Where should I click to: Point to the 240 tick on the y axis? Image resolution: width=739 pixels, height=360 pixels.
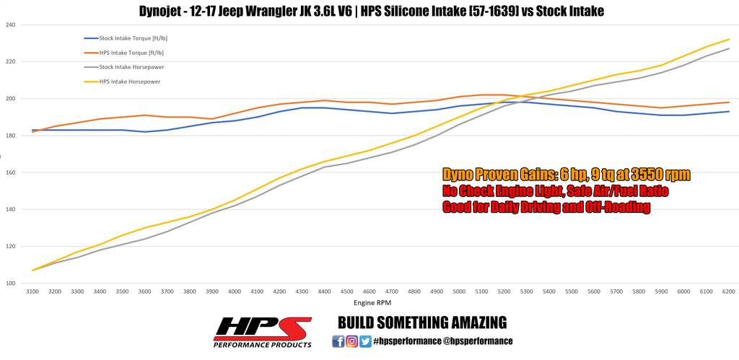click(x=10, y=25)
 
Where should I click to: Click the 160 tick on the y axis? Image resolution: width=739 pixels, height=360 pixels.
click(x=10, y=172)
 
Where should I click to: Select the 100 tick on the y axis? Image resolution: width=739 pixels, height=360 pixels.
click(x=10, y=284)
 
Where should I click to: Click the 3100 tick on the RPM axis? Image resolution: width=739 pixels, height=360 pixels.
click(x=33, y=292)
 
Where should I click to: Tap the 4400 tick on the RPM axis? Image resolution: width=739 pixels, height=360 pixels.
click(x=325, y=292)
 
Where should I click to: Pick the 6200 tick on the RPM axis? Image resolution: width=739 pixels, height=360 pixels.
click(x=729, y=292)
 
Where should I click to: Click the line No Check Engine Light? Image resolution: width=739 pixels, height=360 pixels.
click(x=555, y=191)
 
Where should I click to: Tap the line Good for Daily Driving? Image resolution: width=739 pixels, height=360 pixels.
click(x=546, y=207)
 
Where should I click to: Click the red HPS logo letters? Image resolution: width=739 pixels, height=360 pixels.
click(x=261, y=328)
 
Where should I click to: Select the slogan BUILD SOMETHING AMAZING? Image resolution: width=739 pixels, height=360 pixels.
click(x=422, y=322)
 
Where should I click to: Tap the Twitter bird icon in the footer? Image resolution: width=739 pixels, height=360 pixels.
click(x=365, y=341)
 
